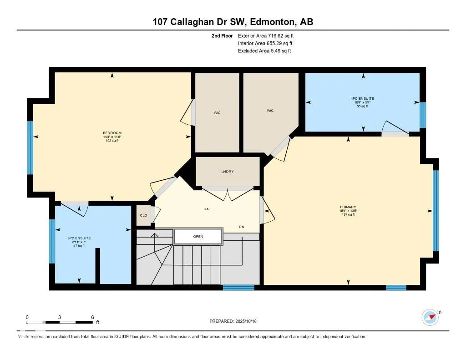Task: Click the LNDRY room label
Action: pos(228,172)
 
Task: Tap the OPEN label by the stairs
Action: pos(198,237)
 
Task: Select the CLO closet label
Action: pos(143,215)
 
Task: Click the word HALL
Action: pos(208,209)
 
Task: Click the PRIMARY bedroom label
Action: pos(348,207)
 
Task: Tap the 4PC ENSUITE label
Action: pos(363,98)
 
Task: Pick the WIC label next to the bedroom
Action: pos(217,112)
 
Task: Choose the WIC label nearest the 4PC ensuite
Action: pos(270,110)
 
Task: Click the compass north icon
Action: pos(431,317)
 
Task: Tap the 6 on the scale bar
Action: pos(92,317)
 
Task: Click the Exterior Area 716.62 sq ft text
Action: pos(268,35)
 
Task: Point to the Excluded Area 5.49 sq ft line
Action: pos(264,51)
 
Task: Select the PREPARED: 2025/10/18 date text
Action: pos(236,321)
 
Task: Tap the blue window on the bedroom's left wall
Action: pos(30,147)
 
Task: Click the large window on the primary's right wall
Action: pos(436,210)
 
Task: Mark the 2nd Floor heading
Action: pos(222,35)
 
